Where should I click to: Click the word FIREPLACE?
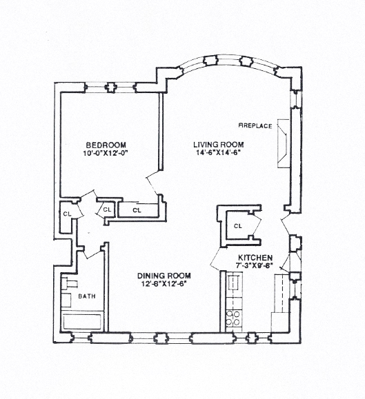coord(255,126)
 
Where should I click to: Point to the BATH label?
coord(87,297)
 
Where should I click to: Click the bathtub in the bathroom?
coord(82,322)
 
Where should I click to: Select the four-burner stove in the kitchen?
coord(233,318)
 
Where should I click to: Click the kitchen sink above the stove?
coord(233,282)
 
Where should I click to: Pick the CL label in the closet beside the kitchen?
coord(237,225)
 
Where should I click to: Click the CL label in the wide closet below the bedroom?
coord(137,209)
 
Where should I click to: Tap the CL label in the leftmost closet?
coord(67,214)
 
